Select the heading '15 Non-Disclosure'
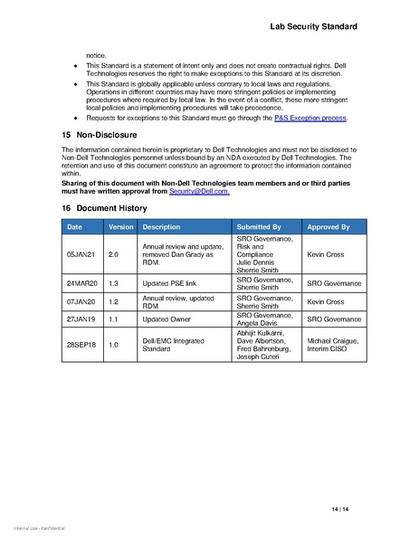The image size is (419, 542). tap(99, 134)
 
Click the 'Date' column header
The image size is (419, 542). tap(74, 225)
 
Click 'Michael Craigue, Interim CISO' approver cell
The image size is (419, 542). tap(334, 345)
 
